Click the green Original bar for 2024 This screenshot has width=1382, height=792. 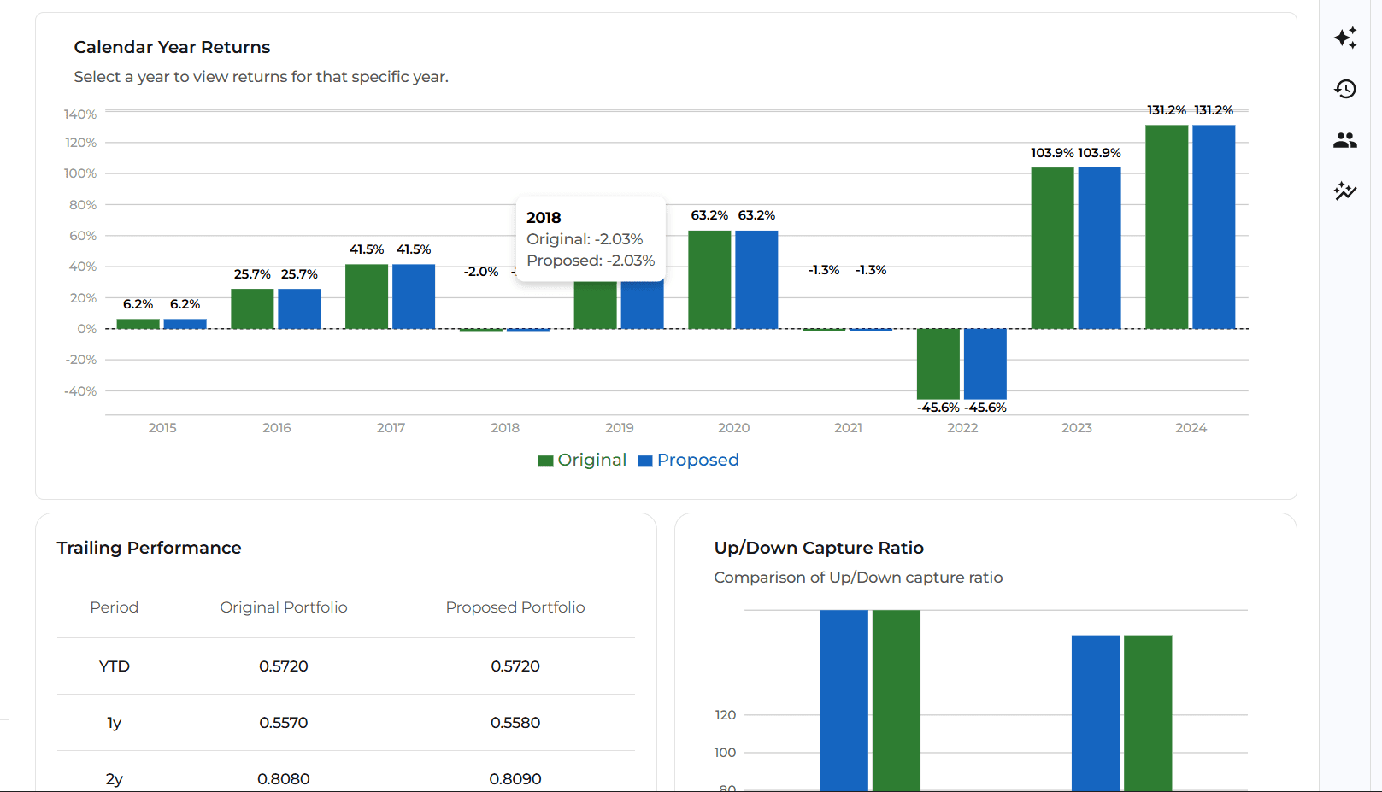[x=1167, y=226]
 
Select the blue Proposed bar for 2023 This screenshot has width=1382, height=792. [x=1099, y=248]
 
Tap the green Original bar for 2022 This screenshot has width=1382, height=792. [x=938, y=363]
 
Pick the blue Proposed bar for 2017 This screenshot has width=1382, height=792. [x=414, y=296]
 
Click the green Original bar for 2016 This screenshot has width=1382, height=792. [x=252, y=308]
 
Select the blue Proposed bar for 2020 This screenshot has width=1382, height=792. [x=756, y=279]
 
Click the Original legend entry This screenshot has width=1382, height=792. [x=583, y=461]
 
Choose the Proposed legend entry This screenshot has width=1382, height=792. [x=689, y=461]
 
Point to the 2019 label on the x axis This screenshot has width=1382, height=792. [x=620, y=428]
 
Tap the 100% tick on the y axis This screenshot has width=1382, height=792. [x=80, y=173]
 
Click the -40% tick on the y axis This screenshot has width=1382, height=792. [x=80, y=391]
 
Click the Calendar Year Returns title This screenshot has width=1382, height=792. [x=172, y=47]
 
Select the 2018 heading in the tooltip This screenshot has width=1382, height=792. [x=544, y=218]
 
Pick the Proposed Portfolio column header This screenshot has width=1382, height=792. [x=515, y=607]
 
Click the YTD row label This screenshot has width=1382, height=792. [x=115, y=666]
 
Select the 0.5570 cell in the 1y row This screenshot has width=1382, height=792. [x=284, y=723]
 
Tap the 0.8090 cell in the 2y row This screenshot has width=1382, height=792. [x=515, y=779]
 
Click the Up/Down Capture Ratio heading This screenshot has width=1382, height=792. [x=819, y=548]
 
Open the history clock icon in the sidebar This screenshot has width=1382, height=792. [x=1345, y=89]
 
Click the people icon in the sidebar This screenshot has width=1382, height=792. [x=1345, y=140]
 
